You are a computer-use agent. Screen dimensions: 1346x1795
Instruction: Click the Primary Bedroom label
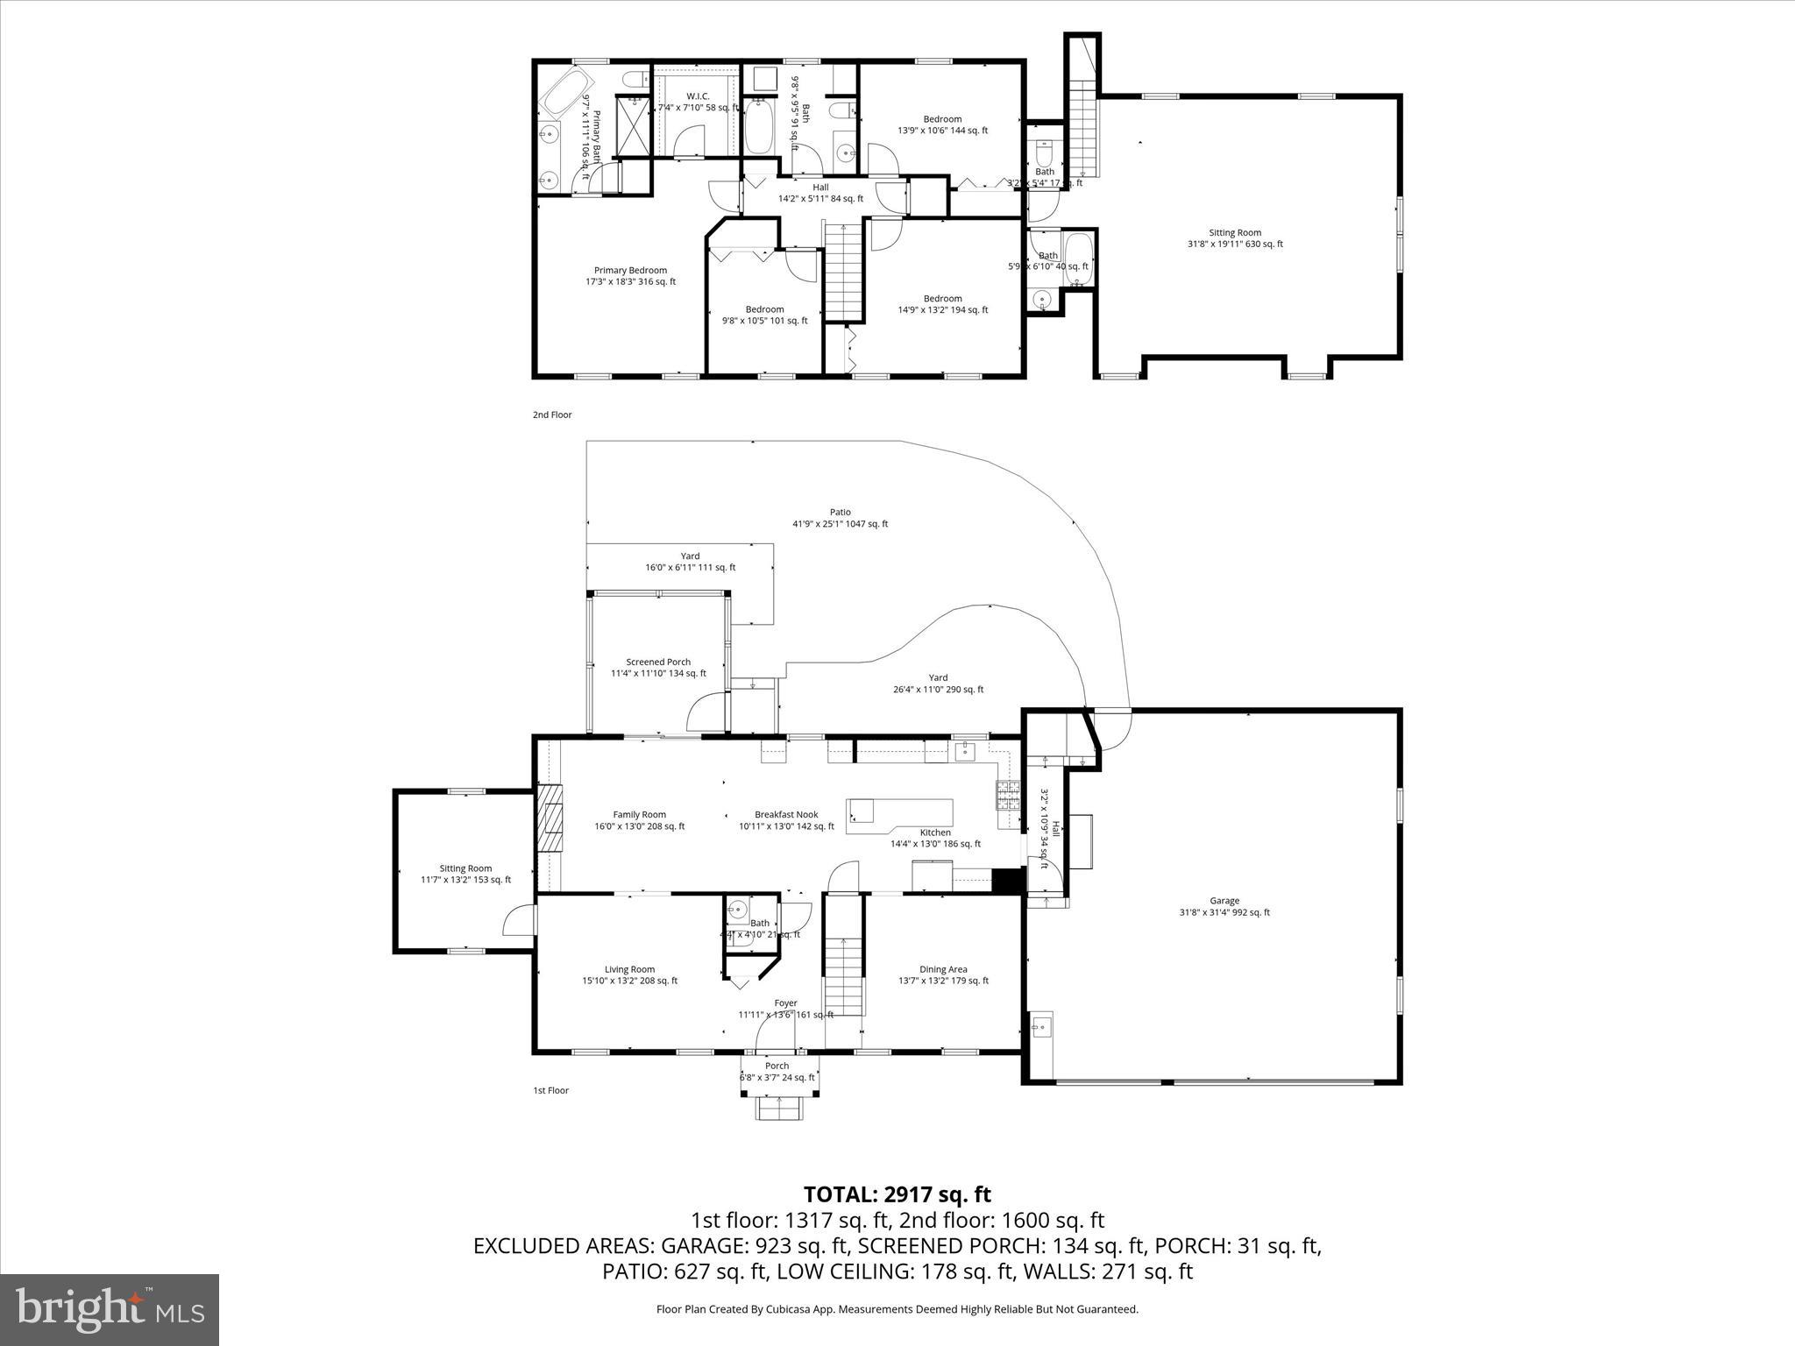tap(630, 276)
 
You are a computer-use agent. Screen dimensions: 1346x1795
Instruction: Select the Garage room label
tap(1224, 906)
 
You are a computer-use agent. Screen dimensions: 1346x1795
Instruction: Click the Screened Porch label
tap(658, 668)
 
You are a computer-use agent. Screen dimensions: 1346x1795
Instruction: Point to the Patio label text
tap(840, 518)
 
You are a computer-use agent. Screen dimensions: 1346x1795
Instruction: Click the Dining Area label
tap(943, 974)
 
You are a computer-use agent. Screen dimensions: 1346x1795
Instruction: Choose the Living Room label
tap(629, 974)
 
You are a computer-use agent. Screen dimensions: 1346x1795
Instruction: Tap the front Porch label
tap(777, 1072)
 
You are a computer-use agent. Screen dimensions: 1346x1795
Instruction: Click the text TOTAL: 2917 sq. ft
tap(897, 1194)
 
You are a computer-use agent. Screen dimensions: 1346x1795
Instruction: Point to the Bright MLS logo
tap(110, 1309)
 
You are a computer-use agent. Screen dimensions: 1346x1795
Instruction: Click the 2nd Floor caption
tap(552, 415)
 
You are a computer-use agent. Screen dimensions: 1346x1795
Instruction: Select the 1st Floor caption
tap(550, 1090)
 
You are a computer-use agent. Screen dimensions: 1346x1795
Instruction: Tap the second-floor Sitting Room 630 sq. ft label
tap(1235, 238)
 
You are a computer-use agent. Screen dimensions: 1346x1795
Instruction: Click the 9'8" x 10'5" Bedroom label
tap(764, 315)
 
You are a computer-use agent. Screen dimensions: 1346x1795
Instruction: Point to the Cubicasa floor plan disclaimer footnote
tap(897, 1309)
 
